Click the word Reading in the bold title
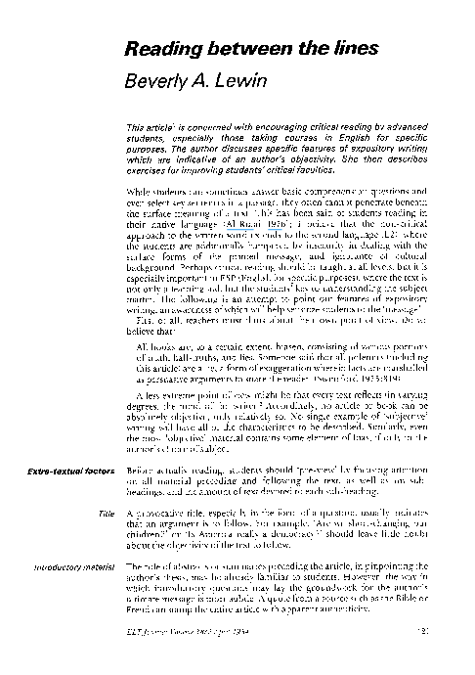click(157, 51)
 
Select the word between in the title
click(232, 51)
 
